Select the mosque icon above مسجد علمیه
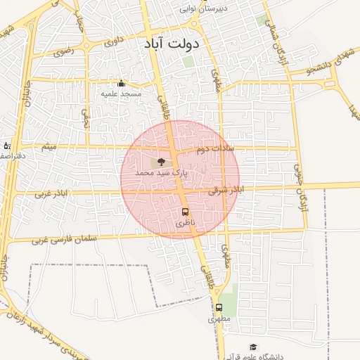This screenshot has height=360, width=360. click(x=121, y=83)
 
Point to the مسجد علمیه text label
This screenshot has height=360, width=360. click(x=121, y=94)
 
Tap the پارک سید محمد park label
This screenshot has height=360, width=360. click(x=162, y=172)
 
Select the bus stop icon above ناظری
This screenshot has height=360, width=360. click(x=185, y=212)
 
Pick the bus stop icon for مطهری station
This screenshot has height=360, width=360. click(x=219, y=307)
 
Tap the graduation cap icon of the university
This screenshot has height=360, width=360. click(x=253, y=347)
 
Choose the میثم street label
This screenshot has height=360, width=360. click(x=49, y=148)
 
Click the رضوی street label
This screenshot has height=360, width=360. click(x=62, y=51)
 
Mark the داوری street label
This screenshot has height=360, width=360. click(x=113, y=43)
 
